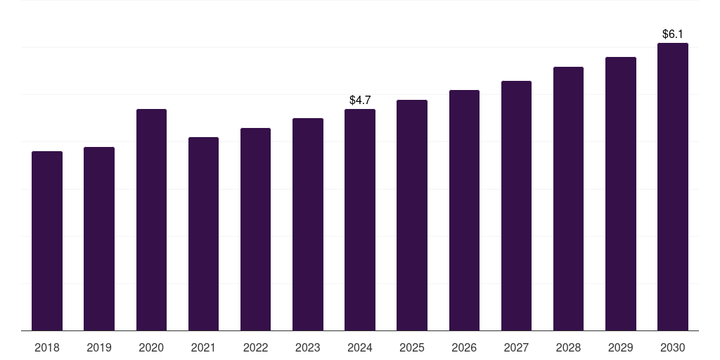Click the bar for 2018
click(47, 240)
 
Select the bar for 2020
click(151, 219)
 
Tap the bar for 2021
click(203, 233)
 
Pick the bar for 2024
click(360, 219)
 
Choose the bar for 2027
click(516, 205)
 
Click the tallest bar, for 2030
click(673, 186)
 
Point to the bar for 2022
click(255, 229)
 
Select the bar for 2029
click(621, 193)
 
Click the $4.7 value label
click(360, 101)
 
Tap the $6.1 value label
click(673, 34)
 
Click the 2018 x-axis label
click(47, 348)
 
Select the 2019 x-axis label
click(99, 348)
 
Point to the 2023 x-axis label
click(308, 348)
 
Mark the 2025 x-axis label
click(412, 348)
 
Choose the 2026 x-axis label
click(464, 348)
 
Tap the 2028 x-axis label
click(568, 348)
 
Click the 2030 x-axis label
click(673, 348)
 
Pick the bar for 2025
click(412, 214)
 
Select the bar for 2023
click(308, 224)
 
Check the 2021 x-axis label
click(203, 348)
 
